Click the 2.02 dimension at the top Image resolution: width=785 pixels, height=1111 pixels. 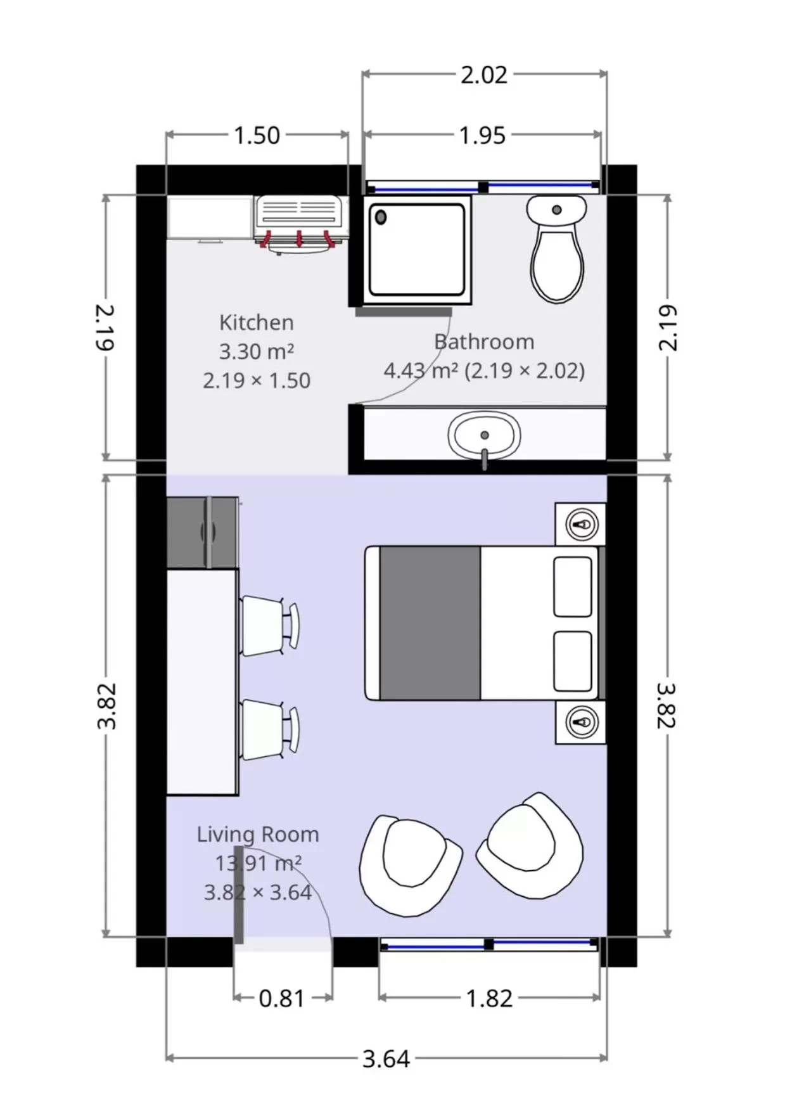(483, 75)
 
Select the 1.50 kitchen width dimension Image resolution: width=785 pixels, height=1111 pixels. (257, 136)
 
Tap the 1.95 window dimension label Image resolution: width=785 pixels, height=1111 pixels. (482, 136)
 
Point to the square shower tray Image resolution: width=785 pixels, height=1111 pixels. (416, 250)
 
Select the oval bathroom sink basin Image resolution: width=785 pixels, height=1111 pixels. (484, 435)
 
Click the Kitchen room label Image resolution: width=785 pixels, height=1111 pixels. (256, 323)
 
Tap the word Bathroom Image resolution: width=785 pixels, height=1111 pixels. (484, 342)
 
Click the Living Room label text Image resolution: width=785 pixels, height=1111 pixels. (257, 835)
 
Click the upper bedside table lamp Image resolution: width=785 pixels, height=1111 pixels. (582, 525)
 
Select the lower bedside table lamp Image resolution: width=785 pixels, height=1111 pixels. (582, 722)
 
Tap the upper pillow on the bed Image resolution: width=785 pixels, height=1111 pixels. (572, 586)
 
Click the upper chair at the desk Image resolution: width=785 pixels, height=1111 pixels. (266, 626)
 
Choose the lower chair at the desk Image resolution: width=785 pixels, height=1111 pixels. (266, 729)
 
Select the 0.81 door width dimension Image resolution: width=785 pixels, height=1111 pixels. (282, 999)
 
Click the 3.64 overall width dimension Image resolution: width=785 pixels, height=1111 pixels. (386, 1059)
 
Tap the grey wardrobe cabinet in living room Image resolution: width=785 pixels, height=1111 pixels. (201, 532)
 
